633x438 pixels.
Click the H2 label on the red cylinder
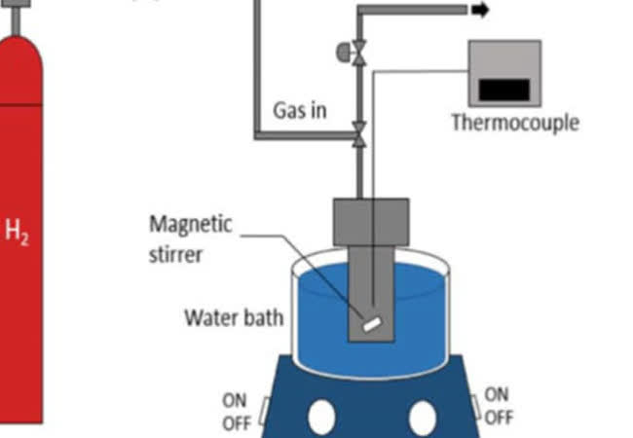point(18,234)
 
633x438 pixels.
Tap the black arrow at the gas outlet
point(481,11)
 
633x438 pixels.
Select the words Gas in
point(299,110)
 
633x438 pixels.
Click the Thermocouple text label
point(514,123)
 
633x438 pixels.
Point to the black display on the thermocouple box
point(504,90)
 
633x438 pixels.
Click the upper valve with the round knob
point(359,51)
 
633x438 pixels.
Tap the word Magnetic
point(191,224)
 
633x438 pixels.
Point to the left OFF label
point(237,422)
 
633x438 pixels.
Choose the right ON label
point(497,394)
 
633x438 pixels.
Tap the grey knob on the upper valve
point(343,49)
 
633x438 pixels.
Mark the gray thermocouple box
point(504,73)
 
